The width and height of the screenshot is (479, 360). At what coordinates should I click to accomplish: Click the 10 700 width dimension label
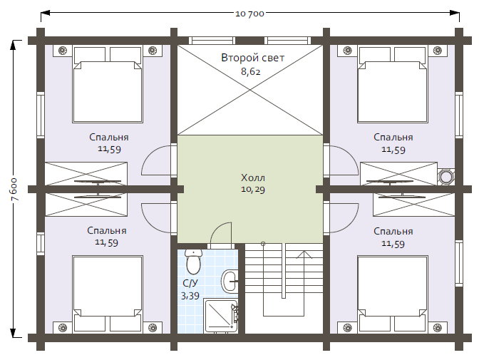click(x=249, y=14)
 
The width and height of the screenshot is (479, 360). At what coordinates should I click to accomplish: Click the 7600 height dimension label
click(x=15, y=189)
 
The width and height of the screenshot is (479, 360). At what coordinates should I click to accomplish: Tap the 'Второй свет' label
click(x=252, y=58)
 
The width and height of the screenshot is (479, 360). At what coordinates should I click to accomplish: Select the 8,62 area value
click(x=250, y=71)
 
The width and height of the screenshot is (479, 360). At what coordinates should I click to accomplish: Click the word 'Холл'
click(x=253, y=178)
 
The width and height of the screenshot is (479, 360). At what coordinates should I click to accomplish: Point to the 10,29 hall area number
click(x=253, y=190)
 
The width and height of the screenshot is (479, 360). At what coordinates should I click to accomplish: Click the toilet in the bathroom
click(x=193, y=262)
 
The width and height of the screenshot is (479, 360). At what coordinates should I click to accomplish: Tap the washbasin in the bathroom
click(x=229, y=281)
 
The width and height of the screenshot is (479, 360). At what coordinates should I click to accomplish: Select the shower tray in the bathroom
click(x=220, y=316)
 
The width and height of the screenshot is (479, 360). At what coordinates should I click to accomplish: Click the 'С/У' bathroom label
click(x=190, y=283)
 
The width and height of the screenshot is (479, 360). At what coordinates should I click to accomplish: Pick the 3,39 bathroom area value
click(x=190, y=296)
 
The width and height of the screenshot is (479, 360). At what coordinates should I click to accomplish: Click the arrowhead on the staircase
click(x=304, y=254)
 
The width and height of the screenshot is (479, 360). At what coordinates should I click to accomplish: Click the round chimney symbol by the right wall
click(x=445, y=177)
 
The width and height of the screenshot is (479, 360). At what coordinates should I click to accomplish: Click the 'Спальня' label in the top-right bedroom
click(x=393, y=137)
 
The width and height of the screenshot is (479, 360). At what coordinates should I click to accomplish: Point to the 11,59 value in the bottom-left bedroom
click(x=106, y=242)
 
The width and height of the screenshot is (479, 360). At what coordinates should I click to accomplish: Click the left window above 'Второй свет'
click(x=212, y=41)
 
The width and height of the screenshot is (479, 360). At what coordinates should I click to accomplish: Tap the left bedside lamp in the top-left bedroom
click(x=63, y=51)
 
